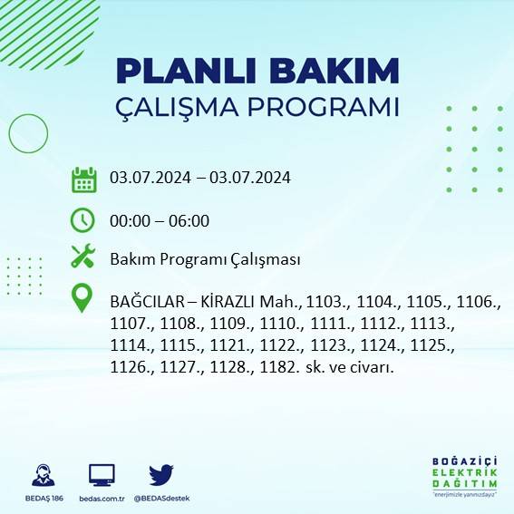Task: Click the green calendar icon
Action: tap(83, 179)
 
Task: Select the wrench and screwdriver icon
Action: tap(83, 257)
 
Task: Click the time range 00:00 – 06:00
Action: tap(160, 220)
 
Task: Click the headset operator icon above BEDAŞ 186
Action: tap(41, 475)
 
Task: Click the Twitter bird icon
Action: tap(161, 474)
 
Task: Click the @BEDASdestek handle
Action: tap(161, 499)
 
